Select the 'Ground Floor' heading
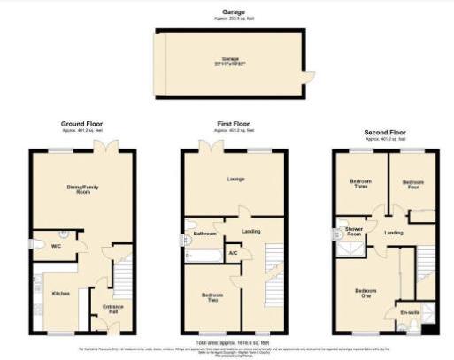82,123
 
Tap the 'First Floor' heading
235,123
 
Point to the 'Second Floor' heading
386,132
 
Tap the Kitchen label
60,293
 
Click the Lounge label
235,180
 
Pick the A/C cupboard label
233,254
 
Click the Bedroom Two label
212,296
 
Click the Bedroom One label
366,293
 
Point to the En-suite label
408,311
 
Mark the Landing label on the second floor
395,233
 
